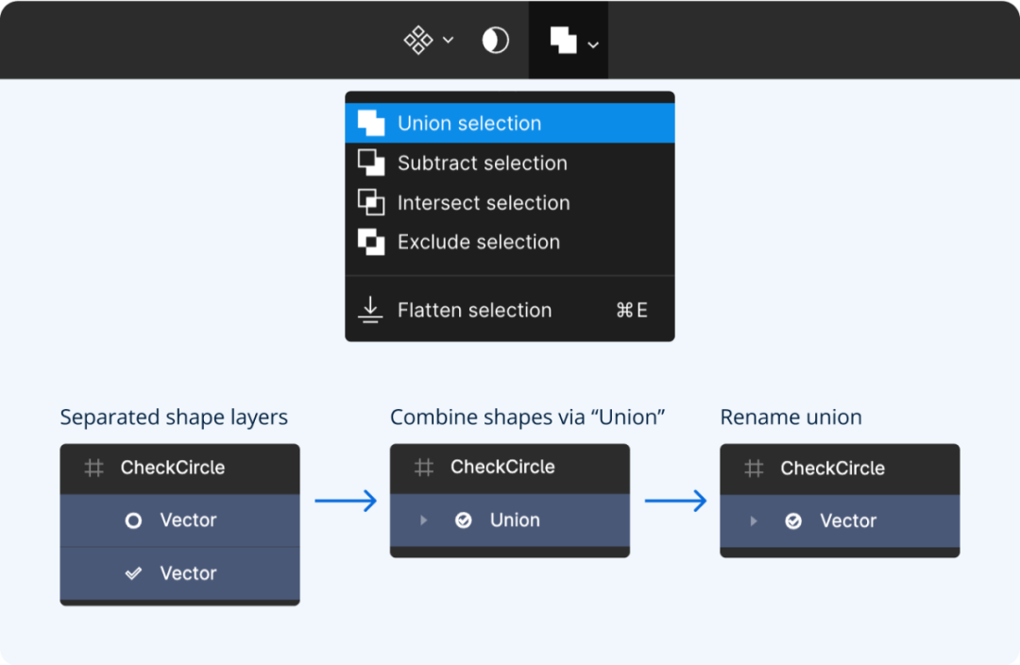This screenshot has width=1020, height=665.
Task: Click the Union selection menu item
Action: pyautogui.click(x=509, y=123)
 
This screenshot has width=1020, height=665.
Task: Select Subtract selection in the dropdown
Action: pyautogui.click(x=509, y=162)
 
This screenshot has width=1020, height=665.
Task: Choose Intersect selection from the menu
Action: pyautogui.click(x=509, y=202)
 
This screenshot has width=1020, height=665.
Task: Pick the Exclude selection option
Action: pyautogui.click(x=509, y=242)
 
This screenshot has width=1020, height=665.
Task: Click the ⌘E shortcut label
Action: pyautogui.click(x=632, y=311)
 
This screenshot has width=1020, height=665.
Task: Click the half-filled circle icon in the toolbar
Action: pyautogui.click(x=495, y=41)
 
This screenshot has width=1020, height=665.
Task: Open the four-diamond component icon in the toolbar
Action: pyautogui.click(x=418, y=41)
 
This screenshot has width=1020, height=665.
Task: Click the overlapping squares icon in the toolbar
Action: pyautogui.click(x=563, y=41)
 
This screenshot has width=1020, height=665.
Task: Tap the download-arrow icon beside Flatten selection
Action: pyautogui.click(x=370, y=310)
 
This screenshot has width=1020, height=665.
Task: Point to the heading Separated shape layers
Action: pyautogui.click(x=174, y=418)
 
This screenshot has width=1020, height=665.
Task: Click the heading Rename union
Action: pyautogui.click(x=790, y=418)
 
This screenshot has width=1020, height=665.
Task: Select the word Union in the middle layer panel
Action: pyautogui.click(x=515, y=520)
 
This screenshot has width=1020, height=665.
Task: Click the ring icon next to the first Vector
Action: pyautogui.click(x=133, y=520)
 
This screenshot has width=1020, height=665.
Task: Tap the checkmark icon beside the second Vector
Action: pyautogui.click(x=133, y=573)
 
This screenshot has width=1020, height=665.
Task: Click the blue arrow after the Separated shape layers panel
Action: pyautogui.click(x=346, y=501)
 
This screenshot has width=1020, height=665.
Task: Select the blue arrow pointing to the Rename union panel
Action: pyautogui.click(x=675, y=501)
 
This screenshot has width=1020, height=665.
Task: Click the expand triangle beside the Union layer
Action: pyautogui.click(x=423, y=520)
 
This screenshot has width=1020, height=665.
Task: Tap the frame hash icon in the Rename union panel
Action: pyautogui.click(x=754, y=469)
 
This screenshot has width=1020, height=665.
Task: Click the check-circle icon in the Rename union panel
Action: pyautogui.click(x=793, y=521)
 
